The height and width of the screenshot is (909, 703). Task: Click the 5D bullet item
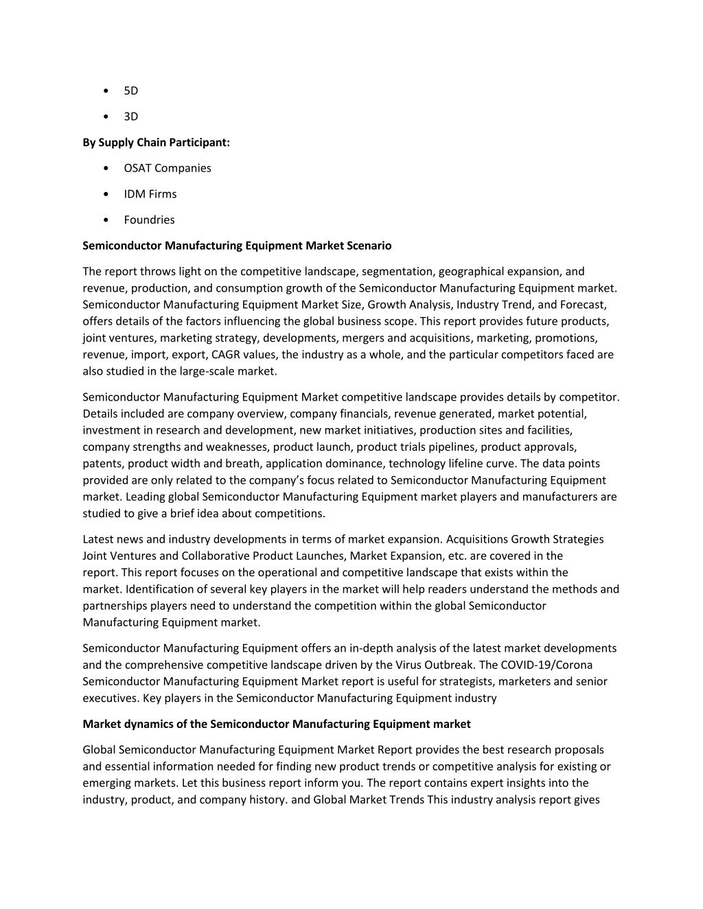click(130, 91)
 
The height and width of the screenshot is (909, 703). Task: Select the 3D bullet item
click(130, 117)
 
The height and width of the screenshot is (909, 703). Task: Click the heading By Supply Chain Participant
click(156, 143)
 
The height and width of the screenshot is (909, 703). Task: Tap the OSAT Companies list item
click(167, 168)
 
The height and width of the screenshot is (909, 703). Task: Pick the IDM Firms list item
click(150, 194)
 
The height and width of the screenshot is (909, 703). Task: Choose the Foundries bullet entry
click(149, 220)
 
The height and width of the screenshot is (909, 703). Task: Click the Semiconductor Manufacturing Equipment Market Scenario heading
click(237, 246)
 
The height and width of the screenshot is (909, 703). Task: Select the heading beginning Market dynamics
click(276, 724)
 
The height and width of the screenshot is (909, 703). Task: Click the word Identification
click(159, 589)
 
